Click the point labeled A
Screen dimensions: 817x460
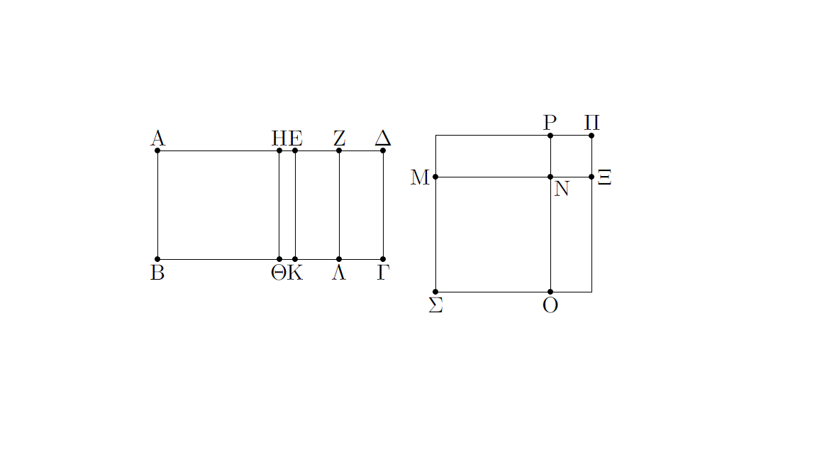157,150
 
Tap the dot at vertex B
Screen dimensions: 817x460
157,259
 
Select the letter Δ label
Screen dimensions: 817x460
383,138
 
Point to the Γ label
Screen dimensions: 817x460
383,273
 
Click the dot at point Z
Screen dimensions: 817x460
339,150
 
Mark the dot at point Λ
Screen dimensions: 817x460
339,259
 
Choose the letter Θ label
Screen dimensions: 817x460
279,273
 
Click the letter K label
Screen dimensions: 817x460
296,273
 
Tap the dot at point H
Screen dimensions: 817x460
279,150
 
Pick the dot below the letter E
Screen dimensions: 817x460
296,150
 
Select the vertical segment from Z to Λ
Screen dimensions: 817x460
339,205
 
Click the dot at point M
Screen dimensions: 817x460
435,177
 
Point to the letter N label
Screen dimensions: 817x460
562,189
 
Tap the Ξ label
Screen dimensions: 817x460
604,177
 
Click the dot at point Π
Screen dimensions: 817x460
591,136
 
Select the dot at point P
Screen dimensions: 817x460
550,136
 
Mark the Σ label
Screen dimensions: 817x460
435,305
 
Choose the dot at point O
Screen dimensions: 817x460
550,292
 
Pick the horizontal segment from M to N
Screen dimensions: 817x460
493,177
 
